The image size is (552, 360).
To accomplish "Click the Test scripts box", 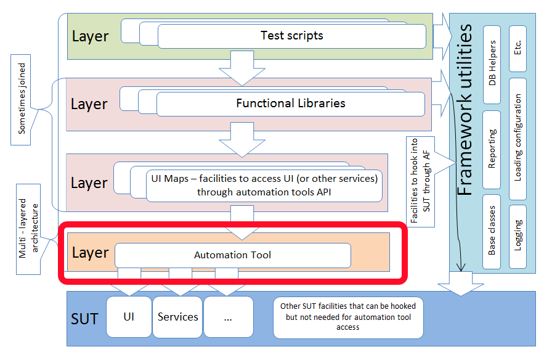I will (x=291, y=36).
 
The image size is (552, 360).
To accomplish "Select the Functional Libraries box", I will (x=290, y=104).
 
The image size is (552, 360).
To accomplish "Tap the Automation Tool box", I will (x=232, y=255).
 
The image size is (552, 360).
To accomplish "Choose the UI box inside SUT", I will (x=129, y=317).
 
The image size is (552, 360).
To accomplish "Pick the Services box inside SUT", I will (x=177, y=317).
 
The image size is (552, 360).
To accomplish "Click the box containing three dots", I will (x=228, y=317).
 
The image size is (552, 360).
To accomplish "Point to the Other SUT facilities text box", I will (x=348, y=317).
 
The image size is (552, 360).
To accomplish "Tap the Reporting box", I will (x=492, y=150).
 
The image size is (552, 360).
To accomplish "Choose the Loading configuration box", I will (x=518, y=137).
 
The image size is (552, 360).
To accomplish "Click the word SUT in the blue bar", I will (x=84, y=319).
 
